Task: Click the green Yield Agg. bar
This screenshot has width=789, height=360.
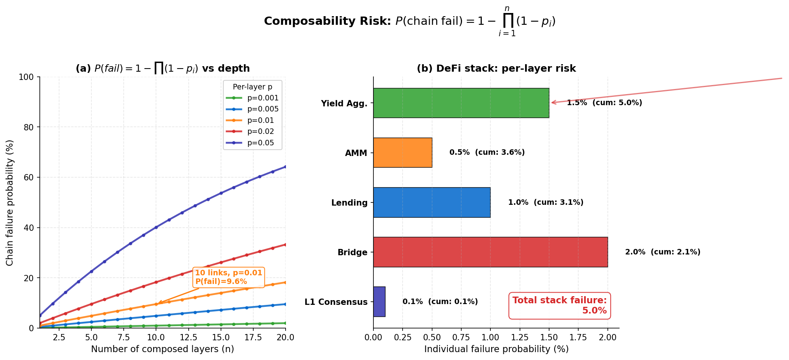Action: point(461,103)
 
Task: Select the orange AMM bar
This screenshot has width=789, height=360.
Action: point(403,152)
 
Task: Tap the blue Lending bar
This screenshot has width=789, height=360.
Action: point(432,202)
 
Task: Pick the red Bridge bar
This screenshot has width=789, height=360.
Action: point(490,252)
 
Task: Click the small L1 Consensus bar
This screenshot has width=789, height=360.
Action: point(379,302)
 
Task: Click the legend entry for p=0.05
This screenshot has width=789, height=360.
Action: point(260,143)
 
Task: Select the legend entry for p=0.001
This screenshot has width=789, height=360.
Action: point(263,98)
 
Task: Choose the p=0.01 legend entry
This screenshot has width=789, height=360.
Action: point(260,121)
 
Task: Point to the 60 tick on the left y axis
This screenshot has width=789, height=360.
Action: point(30,178)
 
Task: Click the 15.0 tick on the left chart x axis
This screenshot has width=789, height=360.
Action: point(221,338)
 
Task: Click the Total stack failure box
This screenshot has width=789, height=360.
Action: point(559,306)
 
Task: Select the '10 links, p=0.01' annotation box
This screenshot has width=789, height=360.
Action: point(228,277)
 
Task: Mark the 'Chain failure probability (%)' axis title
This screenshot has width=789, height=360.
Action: point(10,202)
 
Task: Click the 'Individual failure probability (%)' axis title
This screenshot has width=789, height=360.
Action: point(496,349)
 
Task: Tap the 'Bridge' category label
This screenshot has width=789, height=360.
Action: point(352,252)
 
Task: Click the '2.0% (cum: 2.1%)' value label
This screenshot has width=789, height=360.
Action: point(663,252)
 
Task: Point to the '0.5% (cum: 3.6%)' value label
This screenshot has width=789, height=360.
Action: point(487,152)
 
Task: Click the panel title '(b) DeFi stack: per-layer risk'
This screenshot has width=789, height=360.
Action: point(496,69)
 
